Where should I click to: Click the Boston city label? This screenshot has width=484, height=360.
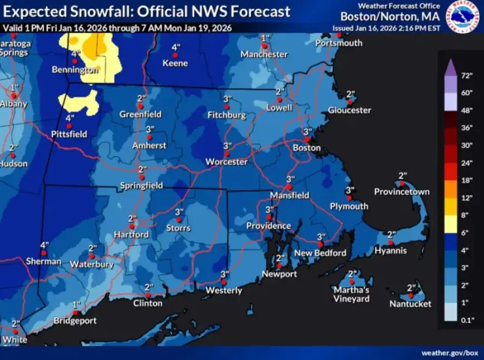coord(307,148)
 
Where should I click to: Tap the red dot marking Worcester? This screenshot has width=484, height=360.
coord(226,153)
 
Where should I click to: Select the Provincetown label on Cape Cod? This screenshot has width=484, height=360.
coord(402,192)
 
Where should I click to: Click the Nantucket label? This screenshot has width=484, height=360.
coord(410,304)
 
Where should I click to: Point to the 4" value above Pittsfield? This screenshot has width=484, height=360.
coord(70,118)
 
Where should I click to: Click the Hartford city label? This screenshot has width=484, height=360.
coord(132,235)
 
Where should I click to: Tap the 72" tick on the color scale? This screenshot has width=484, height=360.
coord(466,75)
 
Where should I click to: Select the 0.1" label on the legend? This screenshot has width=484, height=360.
coord(466,319)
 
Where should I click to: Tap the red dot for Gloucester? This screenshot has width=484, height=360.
coord(349,102)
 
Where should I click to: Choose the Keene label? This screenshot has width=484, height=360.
coord(175,63)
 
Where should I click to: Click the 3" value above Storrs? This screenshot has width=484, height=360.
coord(179,212)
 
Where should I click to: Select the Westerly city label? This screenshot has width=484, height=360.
coord(224,290)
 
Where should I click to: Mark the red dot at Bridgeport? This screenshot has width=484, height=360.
coord(75,313)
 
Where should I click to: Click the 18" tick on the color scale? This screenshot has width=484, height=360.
coord(466,180)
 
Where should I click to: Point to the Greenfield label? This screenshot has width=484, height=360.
coord(140,114)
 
